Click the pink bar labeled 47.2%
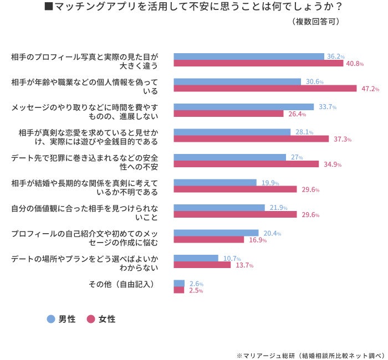click(x=265, y=89)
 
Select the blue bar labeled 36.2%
click(x=249, y=56)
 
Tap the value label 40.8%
click(x=355, y=64)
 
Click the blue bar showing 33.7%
click(x=243, y=107)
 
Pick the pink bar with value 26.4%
click(x=228, y=114)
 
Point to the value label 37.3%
click(x=343, y=139)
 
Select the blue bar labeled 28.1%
click(x=232, y=132)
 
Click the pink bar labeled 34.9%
click(x=246, y=164)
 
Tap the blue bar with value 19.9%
click(x=215, y=182)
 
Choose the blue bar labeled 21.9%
click(x=219, y=208)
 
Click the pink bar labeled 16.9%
click(x=209, y=240)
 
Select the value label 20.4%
click(x=272, y=233)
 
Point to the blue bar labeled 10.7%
click(x=196, y=258)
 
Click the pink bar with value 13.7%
click(x=202, y=265)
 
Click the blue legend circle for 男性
click(x=51, y=319)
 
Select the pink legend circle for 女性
click(x=91, y=319)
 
